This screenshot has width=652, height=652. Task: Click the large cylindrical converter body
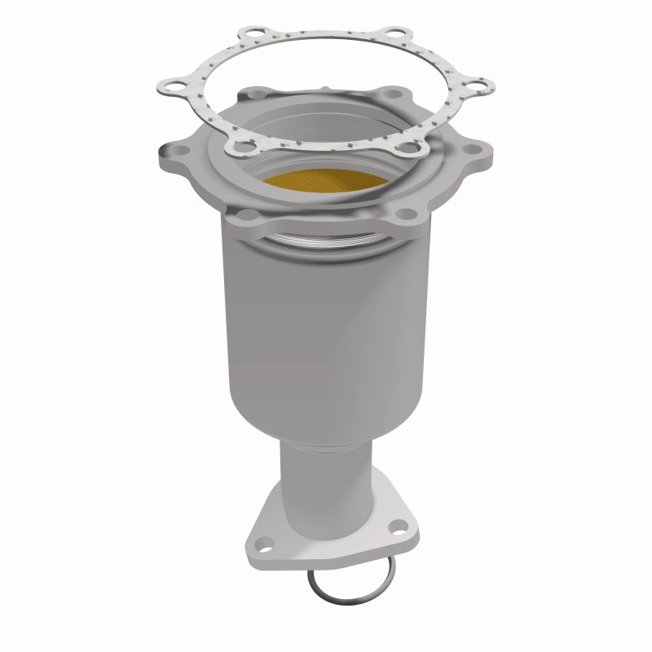[x=326, y=326]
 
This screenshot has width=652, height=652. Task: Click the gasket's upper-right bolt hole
[x=396, y=35]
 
